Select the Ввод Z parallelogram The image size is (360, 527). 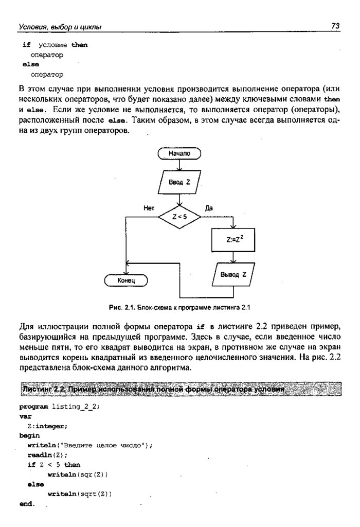179,182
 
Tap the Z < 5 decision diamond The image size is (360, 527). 179,217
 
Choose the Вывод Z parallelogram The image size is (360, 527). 233,275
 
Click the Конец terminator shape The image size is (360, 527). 126,280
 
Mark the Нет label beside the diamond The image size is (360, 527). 149,207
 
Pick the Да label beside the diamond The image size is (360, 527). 209,207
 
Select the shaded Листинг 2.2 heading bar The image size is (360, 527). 180,389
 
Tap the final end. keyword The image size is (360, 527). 27,504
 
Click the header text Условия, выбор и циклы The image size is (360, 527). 60,26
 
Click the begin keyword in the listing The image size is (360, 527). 29,435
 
